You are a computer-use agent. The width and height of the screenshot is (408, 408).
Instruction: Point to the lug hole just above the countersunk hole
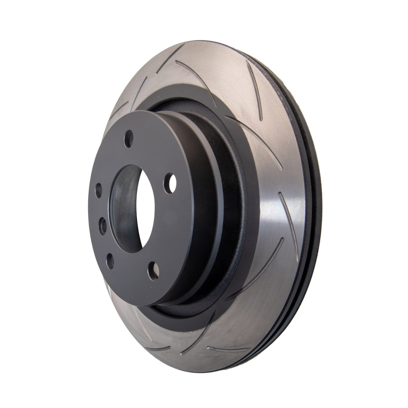click(x=98, y=189)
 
